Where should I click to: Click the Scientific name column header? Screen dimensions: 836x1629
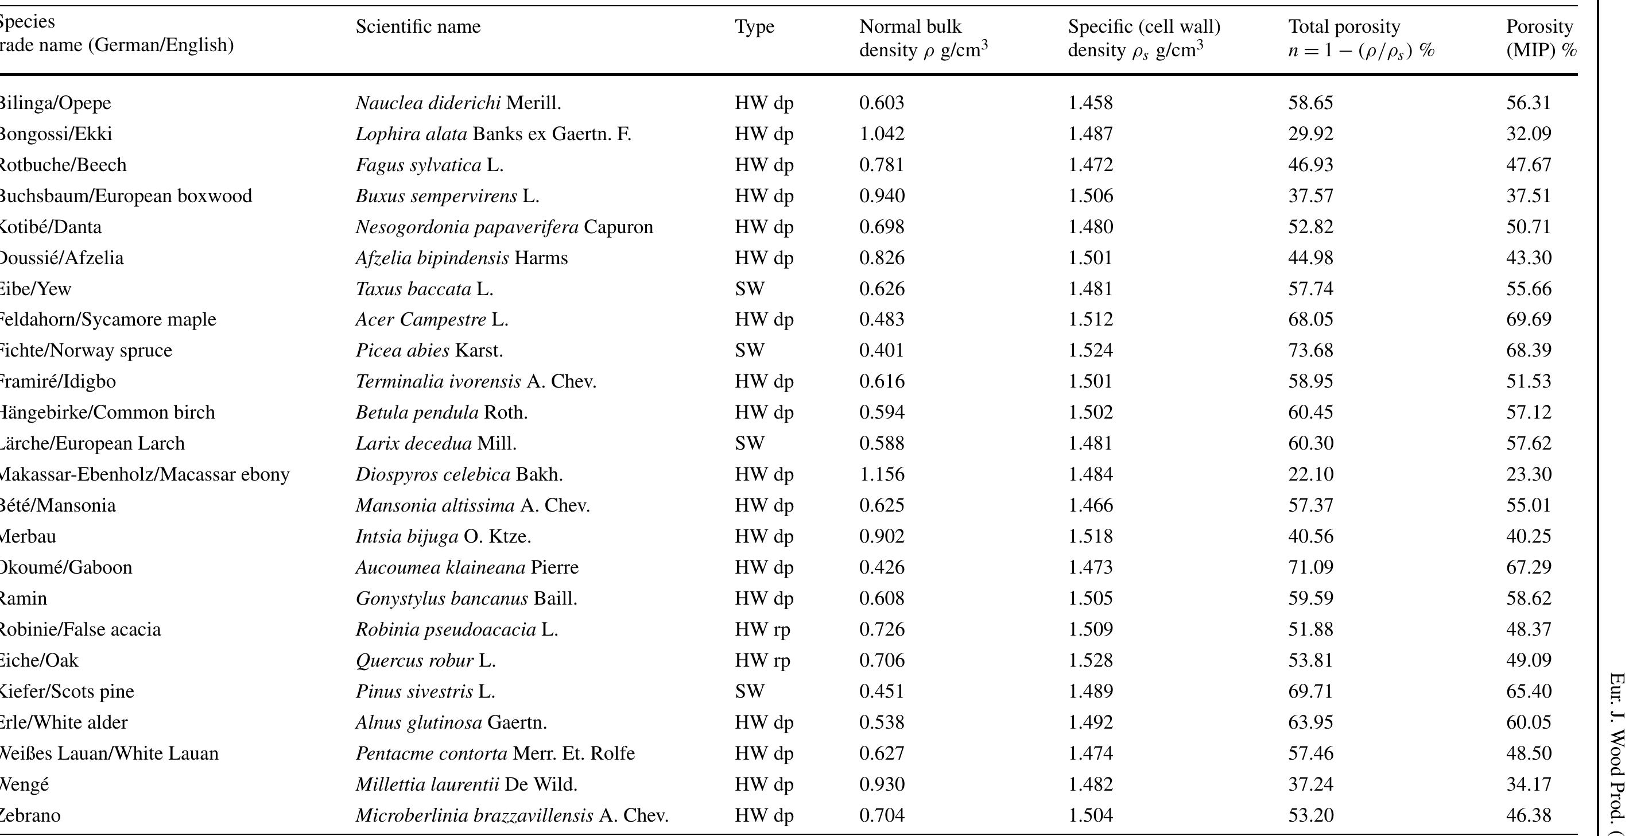418,26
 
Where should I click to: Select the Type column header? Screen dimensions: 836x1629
754,26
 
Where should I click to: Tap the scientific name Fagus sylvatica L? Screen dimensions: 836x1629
429,165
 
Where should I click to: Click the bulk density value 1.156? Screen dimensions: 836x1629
882,474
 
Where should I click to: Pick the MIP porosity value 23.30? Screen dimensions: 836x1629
1529,474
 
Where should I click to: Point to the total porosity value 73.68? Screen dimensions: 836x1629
1310,350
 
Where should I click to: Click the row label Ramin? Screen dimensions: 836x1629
24,598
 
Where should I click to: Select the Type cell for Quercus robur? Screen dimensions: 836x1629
762,660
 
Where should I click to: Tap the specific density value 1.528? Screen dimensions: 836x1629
1090,660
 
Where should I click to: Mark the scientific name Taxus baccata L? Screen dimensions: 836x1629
424,289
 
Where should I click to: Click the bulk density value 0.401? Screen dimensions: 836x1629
882,350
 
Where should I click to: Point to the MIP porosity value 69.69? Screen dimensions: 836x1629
1529,319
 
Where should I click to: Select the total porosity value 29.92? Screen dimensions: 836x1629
1310,134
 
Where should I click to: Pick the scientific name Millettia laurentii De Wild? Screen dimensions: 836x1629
466,784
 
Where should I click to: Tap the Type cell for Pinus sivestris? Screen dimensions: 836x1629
750,691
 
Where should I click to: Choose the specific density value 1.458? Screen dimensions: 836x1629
1090,103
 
